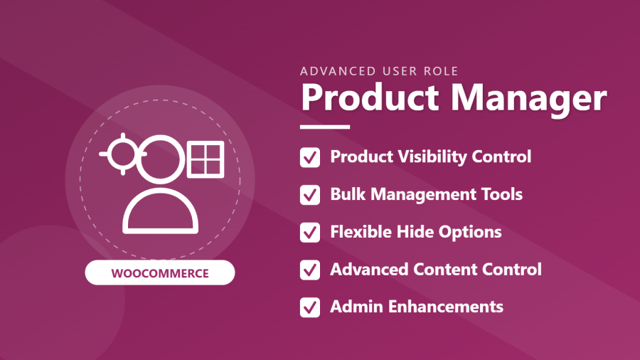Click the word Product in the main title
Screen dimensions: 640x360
[370, 98]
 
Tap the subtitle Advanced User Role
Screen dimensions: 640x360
[379, 71]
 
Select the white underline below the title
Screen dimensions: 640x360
[325, 127]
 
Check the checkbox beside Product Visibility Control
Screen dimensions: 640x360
[310, 157]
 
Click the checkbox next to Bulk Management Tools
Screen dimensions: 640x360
[310, 195]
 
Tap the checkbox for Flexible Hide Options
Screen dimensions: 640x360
[310, 233]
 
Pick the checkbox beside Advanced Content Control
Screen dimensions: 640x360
[310, 270]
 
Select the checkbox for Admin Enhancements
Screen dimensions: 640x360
[310, 308]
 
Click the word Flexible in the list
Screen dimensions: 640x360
[361, 232]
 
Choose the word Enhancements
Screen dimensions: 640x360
[445, 307]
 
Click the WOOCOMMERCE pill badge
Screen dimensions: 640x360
[160, 272]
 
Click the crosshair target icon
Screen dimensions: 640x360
[123, 154]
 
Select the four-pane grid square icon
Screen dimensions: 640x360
[206, 159]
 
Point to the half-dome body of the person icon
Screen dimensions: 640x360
[161, 231]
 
